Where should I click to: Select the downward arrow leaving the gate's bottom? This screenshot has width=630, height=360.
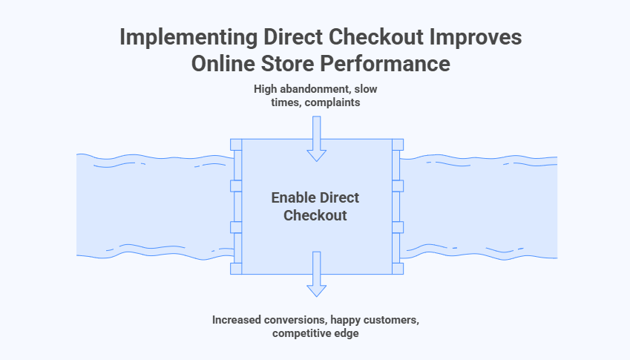317,274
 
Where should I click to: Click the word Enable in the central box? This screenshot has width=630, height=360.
293,198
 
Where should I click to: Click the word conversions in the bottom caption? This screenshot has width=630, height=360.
292,320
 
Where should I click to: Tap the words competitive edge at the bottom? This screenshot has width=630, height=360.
317,334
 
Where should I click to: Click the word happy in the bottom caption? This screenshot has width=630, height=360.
347,320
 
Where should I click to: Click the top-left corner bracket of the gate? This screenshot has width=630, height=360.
236,144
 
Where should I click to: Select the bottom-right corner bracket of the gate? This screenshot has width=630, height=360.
398,268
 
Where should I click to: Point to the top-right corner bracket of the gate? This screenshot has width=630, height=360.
398,144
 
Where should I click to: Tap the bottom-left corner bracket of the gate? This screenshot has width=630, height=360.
236,268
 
